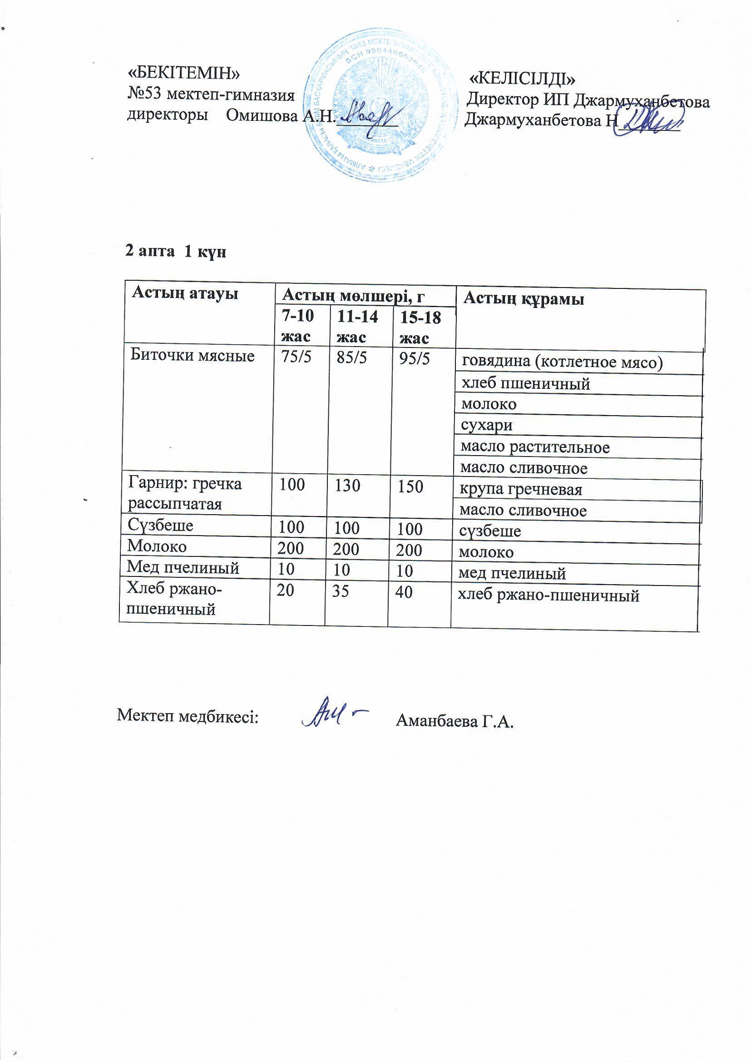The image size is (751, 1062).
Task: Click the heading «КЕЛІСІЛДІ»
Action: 523,78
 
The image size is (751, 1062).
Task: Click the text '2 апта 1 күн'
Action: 176,252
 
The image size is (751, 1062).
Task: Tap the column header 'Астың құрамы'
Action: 524,299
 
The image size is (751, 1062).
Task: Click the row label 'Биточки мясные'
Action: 193,355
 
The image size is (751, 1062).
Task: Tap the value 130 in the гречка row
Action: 347,486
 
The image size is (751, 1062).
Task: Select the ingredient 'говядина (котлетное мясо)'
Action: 562,362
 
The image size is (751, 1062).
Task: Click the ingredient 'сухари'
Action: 486,426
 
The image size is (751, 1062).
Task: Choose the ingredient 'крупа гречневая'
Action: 521,489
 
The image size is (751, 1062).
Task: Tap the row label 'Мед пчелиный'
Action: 183,567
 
